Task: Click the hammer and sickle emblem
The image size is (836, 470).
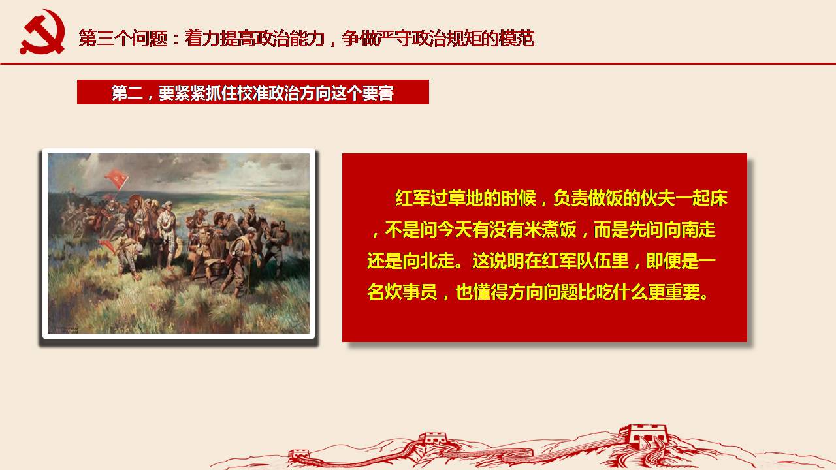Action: (x=42, y=32)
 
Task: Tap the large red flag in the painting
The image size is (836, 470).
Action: (x=117, y=179)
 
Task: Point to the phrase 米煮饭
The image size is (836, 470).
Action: (x=551, y=229)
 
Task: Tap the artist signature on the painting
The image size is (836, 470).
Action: (x=64, y=329)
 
